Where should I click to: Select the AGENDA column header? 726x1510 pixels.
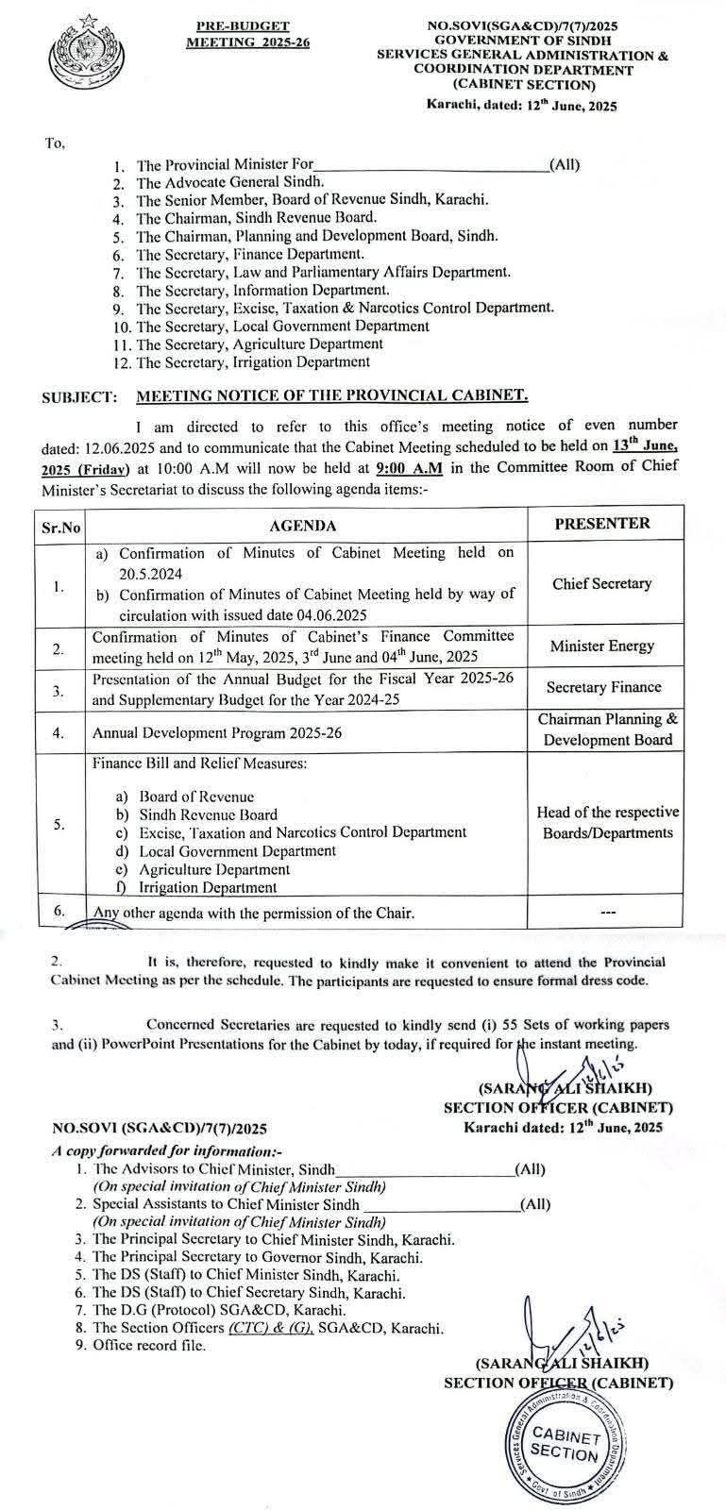(302, 526)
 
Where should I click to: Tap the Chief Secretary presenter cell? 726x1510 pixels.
(602, 584)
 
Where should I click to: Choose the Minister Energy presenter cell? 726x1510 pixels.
(602, 646)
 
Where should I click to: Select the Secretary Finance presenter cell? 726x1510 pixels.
(602, 688)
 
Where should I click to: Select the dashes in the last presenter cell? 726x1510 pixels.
(607, 913)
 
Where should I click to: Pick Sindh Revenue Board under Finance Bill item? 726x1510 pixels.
(208, 814)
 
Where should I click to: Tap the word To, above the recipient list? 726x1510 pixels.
(54, 143)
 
